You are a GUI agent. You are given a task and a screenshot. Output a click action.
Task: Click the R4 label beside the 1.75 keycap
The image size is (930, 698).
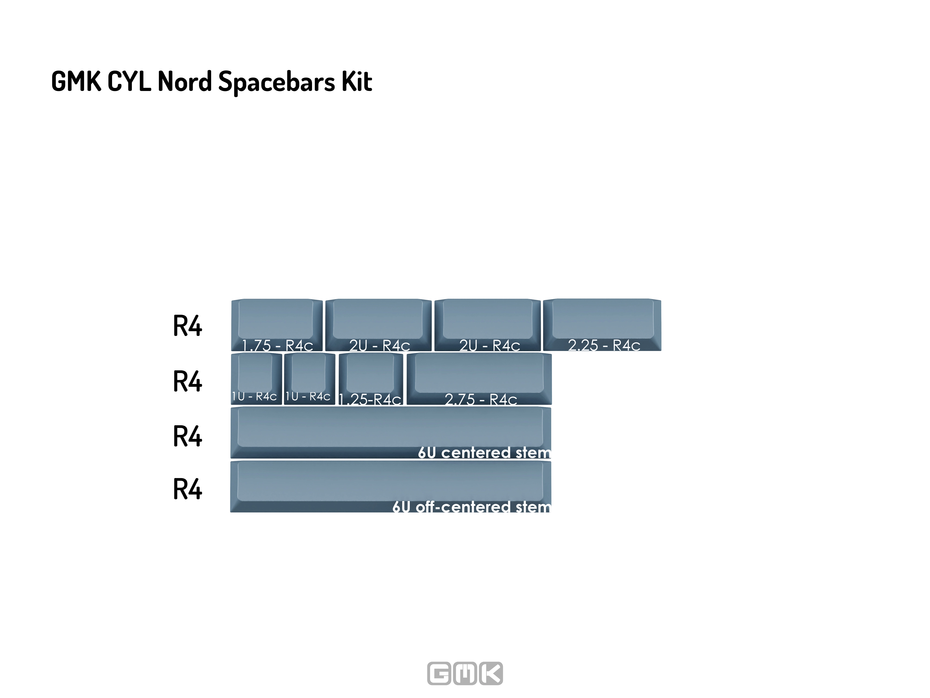coord(188,326)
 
